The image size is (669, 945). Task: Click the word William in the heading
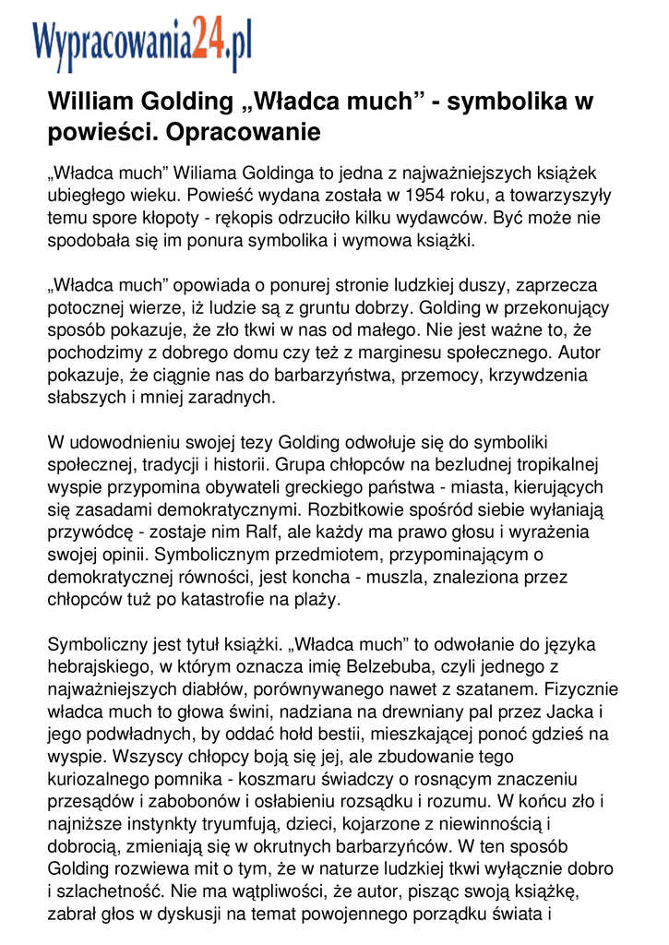tap(90, 101)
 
